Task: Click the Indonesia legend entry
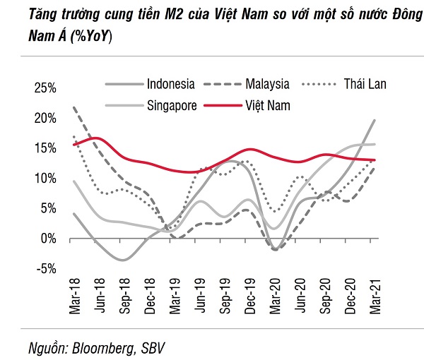point(170,84)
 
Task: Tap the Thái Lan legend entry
point(365,84)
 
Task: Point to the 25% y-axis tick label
point(45,88)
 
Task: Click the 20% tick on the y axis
point(45,119)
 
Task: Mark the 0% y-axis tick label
point(49,239)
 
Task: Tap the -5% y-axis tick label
point(47,269)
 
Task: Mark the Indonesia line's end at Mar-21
point(375,121)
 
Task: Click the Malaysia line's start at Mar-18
point(73,107)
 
